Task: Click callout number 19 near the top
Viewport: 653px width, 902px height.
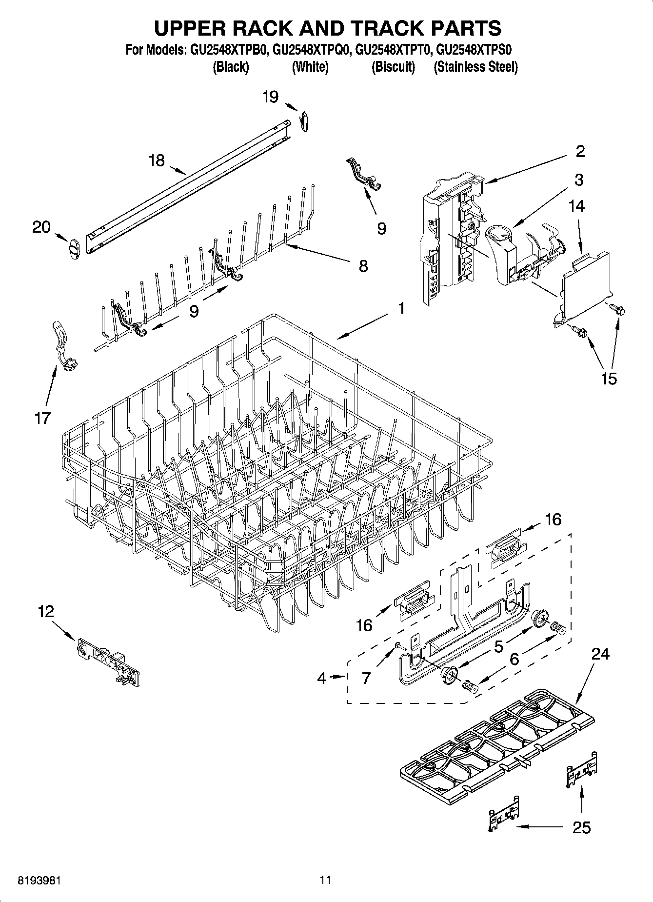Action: pos(270,97)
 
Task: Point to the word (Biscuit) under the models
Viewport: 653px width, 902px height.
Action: pos(393,67)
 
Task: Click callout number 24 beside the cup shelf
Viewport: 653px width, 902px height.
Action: pos(600,654)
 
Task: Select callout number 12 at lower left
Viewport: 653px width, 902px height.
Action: pos(46,611)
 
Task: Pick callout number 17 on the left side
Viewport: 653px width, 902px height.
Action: pos(42,418)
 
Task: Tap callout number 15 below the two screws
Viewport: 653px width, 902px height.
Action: pos(609,378)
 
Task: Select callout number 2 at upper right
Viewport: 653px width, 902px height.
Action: pos(580,151)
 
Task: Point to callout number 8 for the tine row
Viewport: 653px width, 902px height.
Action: pos(363,266)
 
